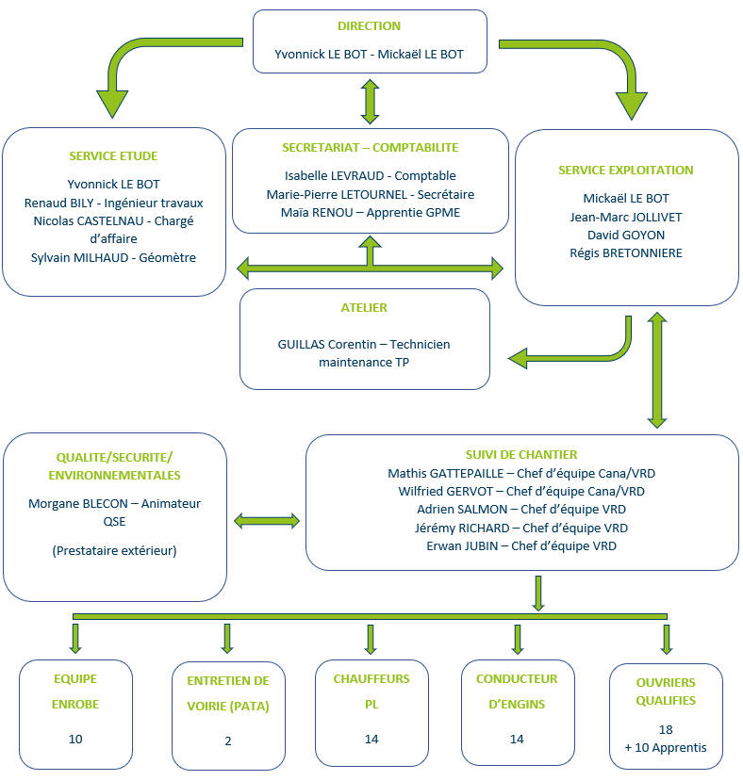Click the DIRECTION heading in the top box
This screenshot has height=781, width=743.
(369, 25)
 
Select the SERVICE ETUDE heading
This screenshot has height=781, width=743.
(113, 155)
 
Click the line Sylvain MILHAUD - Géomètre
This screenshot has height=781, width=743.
(113, 257)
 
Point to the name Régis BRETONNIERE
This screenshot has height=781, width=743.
(626, 253)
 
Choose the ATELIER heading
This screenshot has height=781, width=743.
(364, 308)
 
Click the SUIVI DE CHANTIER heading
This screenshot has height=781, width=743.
(521, 455)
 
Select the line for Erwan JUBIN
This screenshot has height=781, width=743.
(521, 545)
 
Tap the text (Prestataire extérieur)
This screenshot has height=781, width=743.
(114, 550)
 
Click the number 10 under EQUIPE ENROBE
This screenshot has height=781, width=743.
(75, 740)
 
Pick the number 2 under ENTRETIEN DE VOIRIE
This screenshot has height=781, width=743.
(228, 741)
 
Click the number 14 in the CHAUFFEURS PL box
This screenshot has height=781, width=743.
(371, 740)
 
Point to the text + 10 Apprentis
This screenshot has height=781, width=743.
(666, 748)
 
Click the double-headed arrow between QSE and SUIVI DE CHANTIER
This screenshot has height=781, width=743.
(267, 521)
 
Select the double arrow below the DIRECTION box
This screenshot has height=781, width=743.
(370, 102)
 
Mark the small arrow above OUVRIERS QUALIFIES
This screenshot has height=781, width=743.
(667, 639)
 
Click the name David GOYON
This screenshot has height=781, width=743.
(626, 236)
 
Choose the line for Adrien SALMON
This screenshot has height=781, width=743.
(521, 510)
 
